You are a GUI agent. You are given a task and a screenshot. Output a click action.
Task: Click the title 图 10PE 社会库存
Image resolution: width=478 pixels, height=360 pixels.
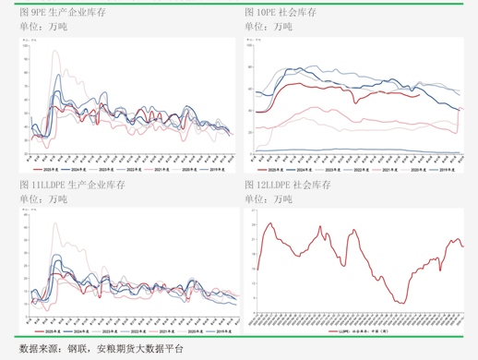tap(281, 14)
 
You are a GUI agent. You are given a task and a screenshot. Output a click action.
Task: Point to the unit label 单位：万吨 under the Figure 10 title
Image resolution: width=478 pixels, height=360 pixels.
tap(269, 28)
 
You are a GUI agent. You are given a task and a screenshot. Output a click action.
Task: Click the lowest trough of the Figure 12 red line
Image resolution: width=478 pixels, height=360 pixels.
tap(400, 303)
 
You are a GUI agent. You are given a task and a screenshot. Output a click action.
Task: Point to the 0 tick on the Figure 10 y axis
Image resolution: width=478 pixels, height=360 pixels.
tap(250, 153)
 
